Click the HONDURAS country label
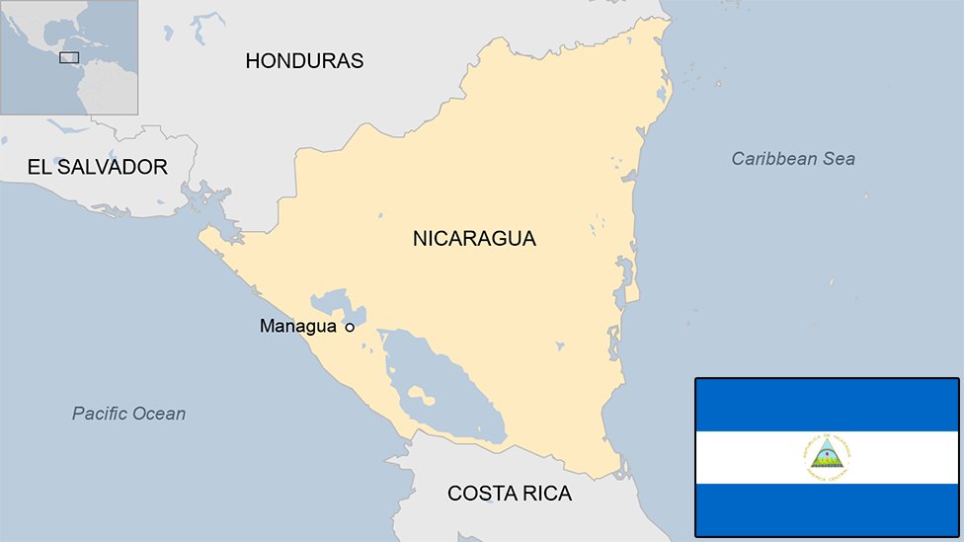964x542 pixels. point(304,61)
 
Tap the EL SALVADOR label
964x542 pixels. point(98,167)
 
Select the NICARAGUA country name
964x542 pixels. point(474,238)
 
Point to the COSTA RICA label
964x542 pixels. point(509,494)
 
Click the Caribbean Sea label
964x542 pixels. point(793,159)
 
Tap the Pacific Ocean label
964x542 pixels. point(128,414)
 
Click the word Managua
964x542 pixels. point(297,326)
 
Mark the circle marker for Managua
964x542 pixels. point(349,327)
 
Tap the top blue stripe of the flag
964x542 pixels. point(827,405)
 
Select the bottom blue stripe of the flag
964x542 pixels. point(827,509)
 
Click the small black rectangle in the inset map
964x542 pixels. point(69,57)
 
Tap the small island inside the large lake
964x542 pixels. point(419,396)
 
